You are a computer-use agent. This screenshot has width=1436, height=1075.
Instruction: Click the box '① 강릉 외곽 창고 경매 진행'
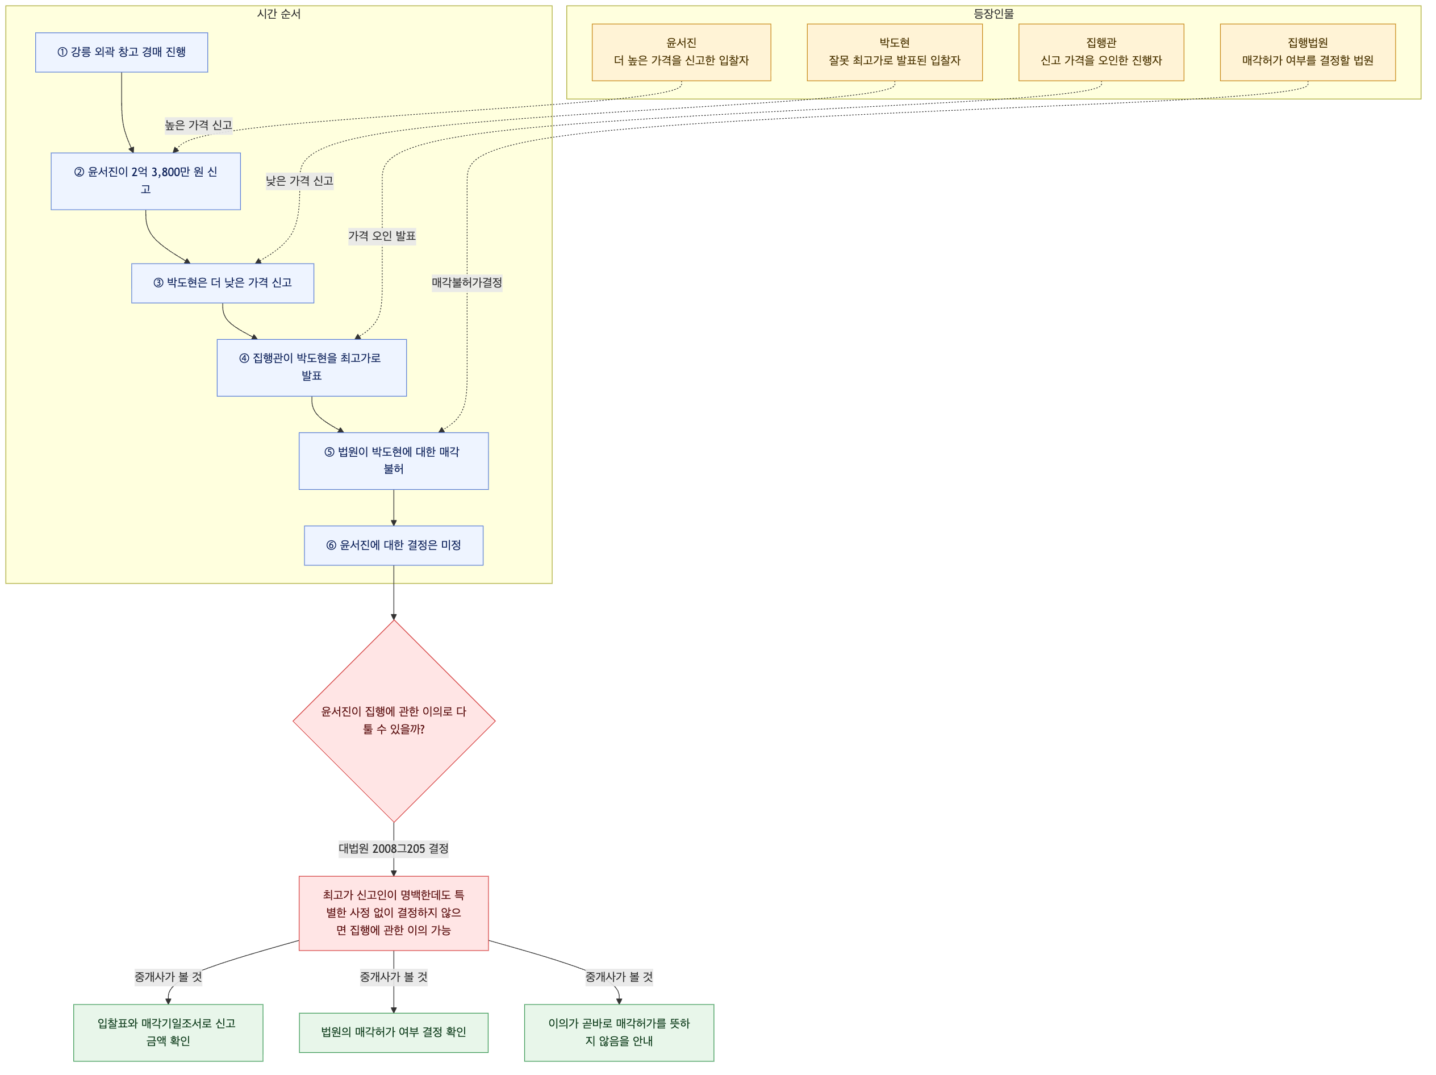[122, 52]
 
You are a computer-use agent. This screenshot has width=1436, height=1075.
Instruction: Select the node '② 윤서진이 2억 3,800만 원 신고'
[145, 181]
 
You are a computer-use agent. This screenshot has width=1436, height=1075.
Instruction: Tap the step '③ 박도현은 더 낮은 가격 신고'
[223, 283]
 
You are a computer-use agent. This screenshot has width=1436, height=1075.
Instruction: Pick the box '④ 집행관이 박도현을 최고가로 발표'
[312, 368]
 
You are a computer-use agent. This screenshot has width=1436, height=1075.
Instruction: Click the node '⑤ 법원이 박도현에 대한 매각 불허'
[394, 461]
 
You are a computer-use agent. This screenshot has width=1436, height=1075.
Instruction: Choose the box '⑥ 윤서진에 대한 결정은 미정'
[394, 545]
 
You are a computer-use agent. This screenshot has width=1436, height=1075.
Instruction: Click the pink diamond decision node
[394, 720]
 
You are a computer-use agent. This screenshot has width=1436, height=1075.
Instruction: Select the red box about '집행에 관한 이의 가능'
[394, 913]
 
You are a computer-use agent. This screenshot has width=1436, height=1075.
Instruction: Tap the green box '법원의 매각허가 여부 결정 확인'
[394, 1032]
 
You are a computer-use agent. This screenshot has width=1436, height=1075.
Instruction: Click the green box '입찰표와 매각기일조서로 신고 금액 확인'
[168, 1032]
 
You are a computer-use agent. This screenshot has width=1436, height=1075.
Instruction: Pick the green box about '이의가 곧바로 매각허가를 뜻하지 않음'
[619, 1032]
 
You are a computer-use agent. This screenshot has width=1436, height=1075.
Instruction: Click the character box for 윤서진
[681, 52]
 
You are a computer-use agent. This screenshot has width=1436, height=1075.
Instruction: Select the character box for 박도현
[895, 52]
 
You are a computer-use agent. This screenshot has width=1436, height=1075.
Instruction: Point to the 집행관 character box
[1101, 52]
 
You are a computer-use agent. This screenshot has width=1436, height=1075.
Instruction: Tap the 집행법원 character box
[1308, 52]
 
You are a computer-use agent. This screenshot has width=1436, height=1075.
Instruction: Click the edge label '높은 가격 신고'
[199, 126]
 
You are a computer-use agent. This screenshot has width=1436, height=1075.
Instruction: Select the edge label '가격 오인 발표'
[382, 236]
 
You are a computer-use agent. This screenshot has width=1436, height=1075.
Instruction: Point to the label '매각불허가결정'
[467, 283]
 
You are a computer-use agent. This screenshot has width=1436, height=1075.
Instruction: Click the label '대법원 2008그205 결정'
[394, 849]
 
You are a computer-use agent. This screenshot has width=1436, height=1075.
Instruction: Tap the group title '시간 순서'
[278, 14]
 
